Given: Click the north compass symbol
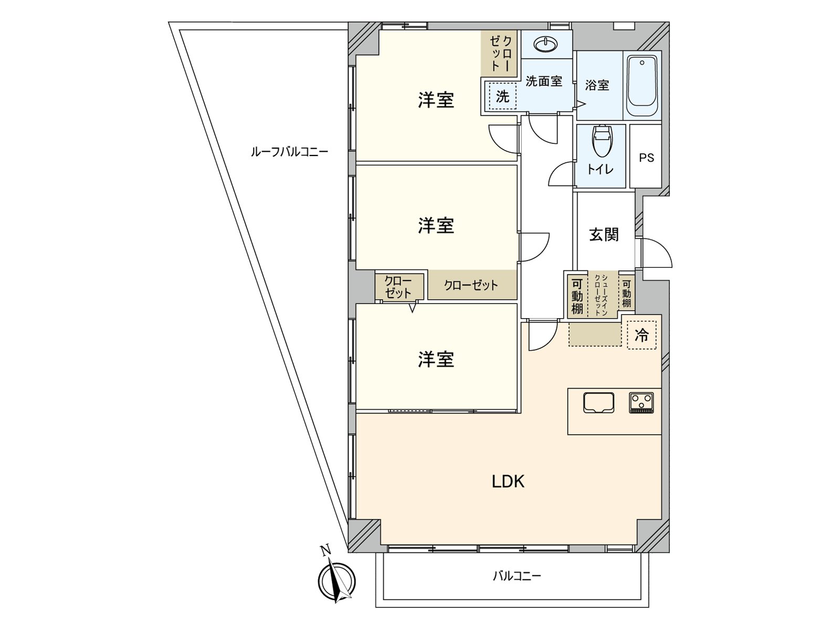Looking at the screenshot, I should (337, 581).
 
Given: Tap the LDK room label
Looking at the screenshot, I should (508, 481).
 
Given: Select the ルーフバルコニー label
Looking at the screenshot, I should (289, 152).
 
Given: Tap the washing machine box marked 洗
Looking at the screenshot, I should (502, 97).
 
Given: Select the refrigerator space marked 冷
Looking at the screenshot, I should (642, 335).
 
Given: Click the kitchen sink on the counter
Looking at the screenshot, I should (598, 403).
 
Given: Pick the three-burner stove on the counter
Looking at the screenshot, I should (641, 403).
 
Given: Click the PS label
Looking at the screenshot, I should (646, 157).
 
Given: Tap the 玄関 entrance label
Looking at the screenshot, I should (604, 234).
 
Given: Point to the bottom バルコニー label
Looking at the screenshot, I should (517, 576).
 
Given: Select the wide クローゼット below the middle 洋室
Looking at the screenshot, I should (471, 285).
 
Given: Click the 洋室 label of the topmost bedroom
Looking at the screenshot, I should (436, 100).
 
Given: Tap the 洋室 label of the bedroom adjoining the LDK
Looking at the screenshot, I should (436, 360).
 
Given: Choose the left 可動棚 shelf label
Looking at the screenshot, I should (577, 296).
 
